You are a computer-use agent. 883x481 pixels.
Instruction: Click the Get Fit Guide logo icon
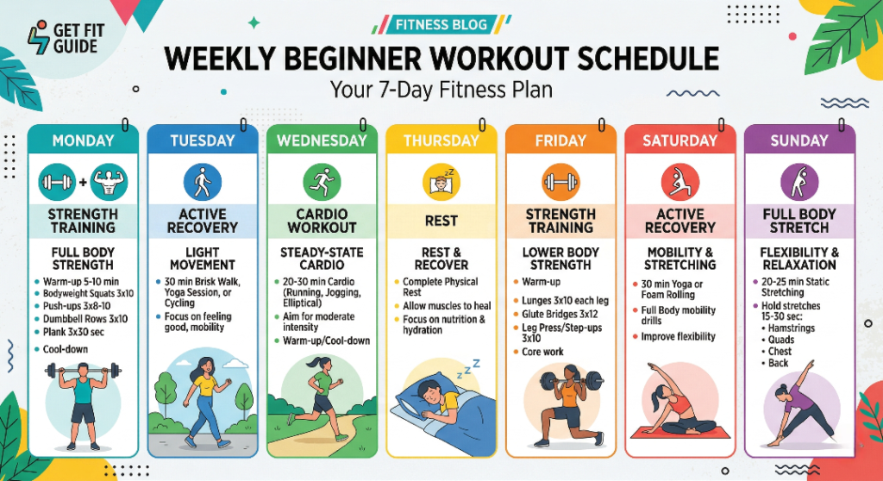38,39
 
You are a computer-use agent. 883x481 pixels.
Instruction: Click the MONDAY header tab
83,141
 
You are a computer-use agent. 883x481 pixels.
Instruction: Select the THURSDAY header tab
441,141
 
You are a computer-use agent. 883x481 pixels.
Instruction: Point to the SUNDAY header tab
799,141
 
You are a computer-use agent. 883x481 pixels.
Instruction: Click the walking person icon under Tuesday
203,183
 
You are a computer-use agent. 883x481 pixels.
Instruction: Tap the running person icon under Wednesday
322,183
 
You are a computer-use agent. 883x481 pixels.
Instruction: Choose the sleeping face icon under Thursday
441,183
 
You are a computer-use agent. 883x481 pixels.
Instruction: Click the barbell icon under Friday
560,183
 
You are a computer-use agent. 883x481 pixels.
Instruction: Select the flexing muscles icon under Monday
108,183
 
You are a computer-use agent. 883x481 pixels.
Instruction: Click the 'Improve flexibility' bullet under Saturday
678,336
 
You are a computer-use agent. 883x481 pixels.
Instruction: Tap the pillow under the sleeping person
411,404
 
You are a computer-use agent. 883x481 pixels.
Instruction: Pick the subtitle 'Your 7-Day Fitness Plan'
441,90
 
